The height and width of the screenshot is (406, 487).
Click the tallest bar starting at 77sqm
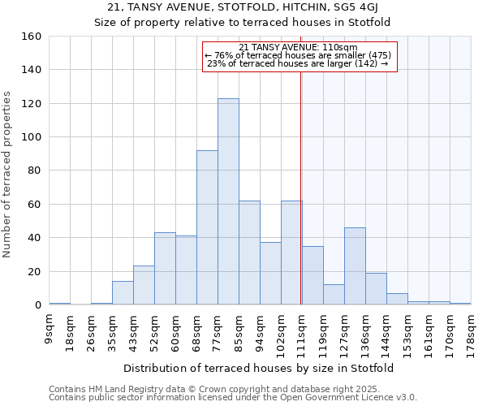[228, 201]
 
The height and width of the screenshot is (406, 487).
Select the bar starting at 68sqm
[207, 227]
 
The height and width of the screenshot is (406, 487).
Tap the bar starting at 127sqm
[355, 266]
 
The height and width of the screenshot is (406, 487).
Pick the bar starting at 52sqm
[165, 268]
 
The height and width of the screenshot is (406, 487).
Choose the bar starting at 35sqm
[123, 292]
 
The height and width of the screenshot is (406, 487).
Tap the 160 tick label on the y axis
[32, 37]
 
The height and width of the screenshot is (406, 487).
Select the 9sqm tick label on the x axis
[50, 328]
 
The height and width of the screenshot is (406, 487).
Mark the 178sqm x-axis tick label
[472, 331]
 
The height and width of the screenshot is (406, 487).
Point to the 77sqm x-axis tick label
[218, 330]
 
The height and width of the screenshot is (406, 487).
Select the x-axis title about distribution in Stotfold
[259, 369]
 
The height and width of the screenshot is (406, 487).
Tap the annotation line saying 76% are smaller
[299, 55]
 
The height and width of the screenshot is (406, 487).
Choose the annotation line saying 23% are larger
[299, 63]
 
